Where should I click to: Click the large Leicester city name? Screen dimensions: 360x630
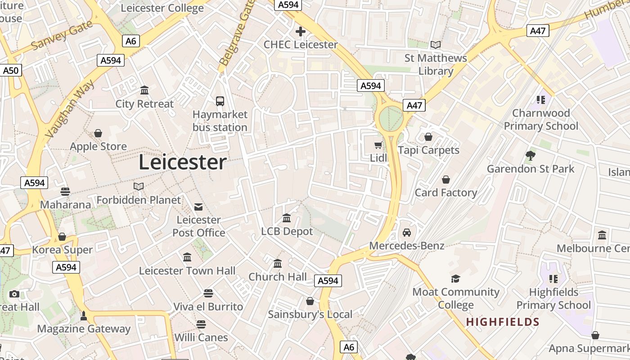click(182, 162)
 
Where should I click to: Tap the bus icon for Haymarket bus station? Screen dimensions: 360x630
click(220, 101)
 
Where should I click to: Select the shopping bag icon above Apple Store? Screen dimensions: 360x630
click(98, 134)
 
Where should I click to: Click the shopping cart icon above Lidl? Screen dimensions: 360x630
click(378, 145)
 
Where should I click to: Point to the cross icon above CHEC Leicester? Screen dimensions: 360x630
click(300, 31)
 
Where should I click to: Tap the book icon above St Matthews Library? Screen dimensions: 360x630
click(435, 45)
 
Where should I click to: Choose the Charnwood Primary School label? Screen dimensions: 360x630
click(541, 120)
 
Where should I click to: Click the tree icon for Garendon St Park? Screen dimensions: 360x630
click(531, 156)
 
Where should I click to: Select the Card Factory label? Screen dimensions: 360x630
click(446, 193)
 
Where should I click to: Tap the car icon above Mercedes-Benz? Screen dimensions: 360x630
click(407, 233)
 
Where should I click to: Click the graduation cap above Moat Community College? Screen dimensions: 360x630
click(456, 279)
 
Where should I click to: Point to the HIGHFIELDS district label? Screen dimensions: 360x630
click(503, 322)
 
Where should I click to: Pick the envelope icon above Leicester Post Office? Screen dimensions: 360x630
click(198, 207)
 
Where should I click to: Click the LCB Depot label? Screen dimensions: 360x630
click(287, 232)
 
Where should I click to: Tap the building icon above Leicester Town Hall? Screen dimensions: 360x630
click(187, 257)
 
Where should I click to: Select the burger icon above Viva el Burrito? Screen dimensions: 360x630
click(208, 293)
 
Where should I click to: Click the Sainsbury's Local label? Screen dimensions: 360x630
click(310, 315)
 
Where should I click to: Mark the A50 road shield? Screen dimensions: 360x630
click(11, 71)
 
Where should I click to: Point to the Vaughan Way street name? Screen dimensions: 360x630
click(70, 109)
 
